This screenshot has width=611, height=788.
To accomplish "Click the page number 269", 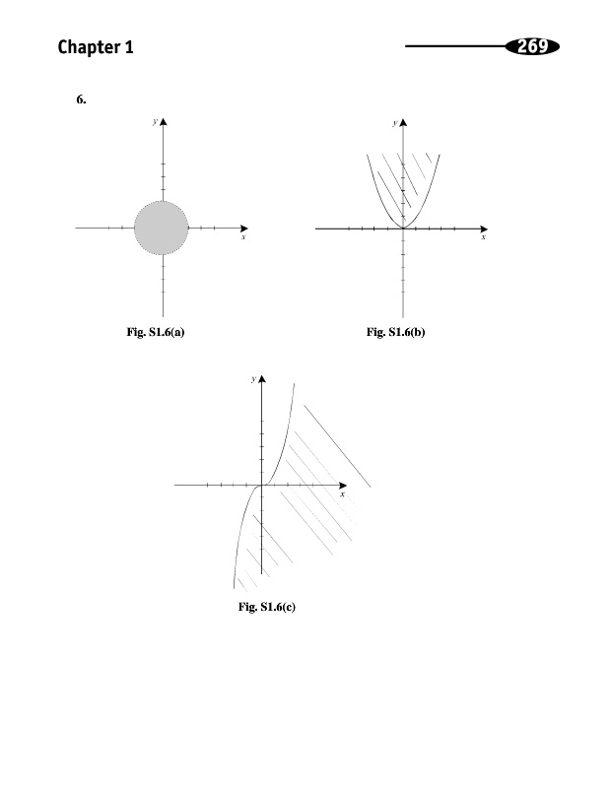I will [531, 45].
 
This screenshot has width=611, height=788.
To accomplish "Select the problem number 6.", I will [81, 99].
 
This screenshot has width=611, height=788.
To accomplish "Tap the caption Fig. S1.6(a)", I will [157, 333].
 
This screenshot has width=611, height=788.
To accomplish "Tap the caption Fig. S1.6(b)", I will [395, 333].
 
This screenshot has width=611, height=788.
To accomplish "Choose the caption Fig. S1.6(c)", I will [267, 607].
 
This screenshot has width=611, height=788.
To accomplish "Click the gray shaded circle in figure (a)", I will [160, 228].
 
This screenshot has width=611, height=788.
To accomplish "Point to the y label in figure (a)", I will [154, 121].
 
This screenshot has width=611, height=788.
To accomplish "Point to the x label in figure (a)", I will [242, 237].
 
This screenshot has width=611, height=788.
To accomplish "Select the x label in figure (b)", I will [483, 237].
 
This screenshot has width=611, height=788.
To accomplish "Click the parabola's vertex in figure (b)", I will [402, 228].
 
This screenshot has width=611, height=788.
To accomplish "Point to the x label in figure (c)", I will [342, 494].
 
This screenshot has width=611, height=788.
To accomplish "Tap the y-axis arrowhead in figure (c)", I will [261, 379].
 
